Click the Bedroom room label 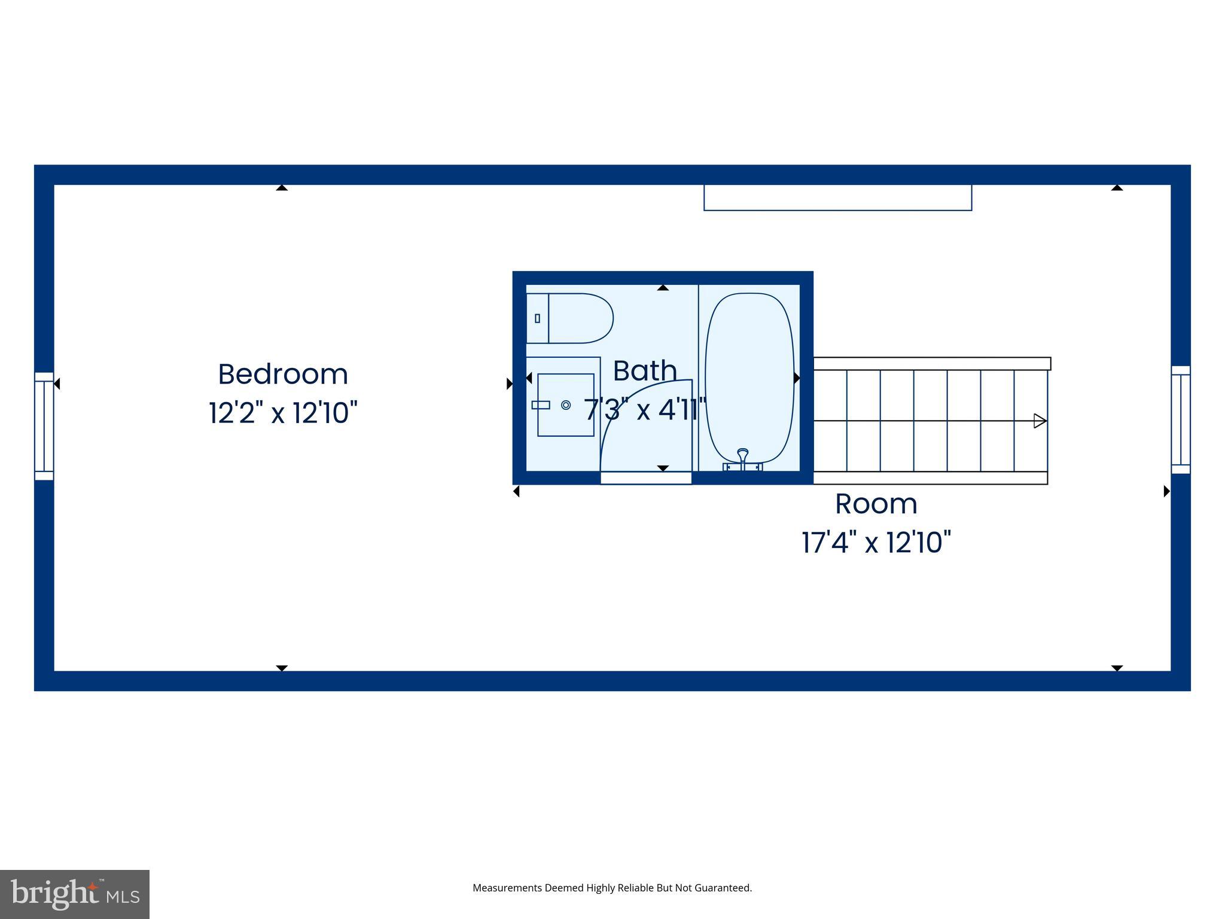[283, 375]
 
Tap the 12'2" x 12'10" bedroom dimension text [283, 413]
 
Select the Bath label [645, 371]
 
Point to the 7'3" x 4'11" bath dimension [645, 410]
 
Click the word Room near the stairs [876, 504]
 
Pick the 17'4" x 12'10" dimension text [876, 543]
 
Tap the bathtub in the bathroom [749, 377]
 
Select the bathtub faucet [742, 458]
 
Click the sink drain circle [566, 405]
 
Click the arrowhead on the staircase [1040, 421]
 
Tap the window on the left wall [44, 426]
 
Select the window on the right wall [1180, 419]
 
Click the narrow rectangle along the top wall [837, 198]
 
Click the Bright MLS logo [75, 894]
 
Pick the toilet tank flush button [537, 318]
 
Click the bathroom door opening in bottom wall [646, 477]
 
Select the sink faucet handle [541, 405]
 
